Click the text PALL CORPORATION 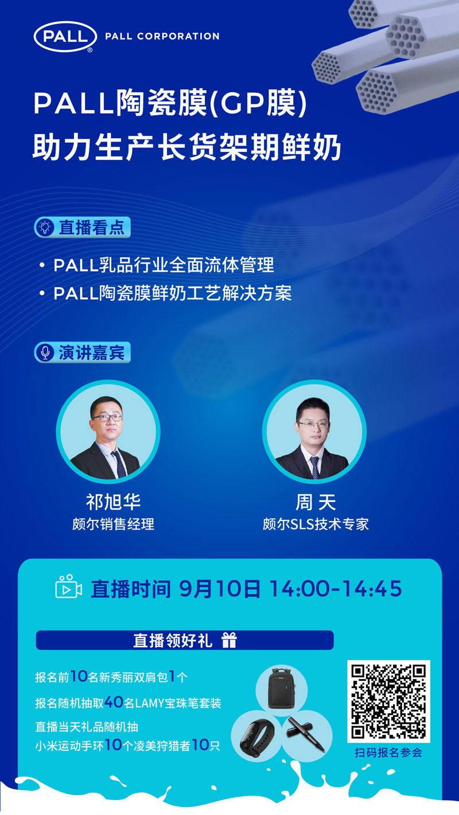pyautogui.click(x=162, y=36)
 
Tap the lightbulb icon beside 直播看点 pyautogui.click(x=44, y=228)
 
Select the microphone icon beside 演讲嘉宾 pyautogui.click(x=44, y=352)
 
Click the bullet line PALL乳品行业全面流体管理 pyautogui.click(x=164, y=265)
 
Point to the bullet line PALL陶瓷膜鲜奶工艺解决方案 pyautogui.click(x=172, y=293)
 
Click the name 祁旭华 pyautogui.click(x=113, y=502)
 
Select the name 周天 pyautogui.click(x=315, y=503)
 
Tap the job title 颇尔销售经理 pyautogui.click(x=113, y=524)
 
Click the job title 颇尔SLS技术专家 pyautogui.click(x=316, y=524)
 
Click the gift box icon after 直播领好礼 pyautogui.click(x=229, y=640)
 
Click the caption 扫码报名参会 pyautogui.click(x=388, y=753)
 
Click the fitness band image pyautogui.click(x=255, y=736)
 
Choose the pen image pyautogui.click(x=306, y=734)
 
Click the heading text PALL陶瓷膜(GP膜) pyautogui.click(x=171, y=105)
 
